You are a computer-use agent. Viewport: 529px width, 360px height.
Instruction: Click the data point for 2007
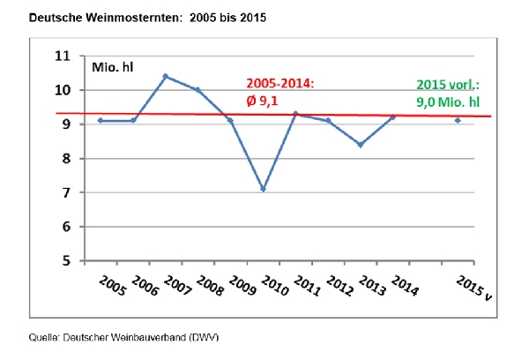165,76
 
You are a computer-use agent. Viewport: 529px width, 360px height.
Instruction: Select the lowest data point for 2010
264,189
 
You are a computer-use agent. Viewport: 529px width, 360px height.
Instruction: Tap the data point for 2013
360,145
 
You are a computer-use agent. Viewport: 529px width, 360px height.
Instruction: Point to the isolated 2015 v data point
458,120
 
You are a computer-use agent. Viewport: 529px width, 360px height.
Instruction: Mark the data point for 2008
197,90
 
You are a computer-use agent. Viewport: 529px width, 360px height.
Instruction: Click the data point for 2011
295,113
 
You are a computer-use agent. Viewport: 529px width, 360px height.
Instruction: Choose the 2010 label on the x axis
275,287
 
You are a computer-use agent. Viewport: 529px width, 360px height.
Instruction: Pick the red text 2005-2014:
280,83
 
